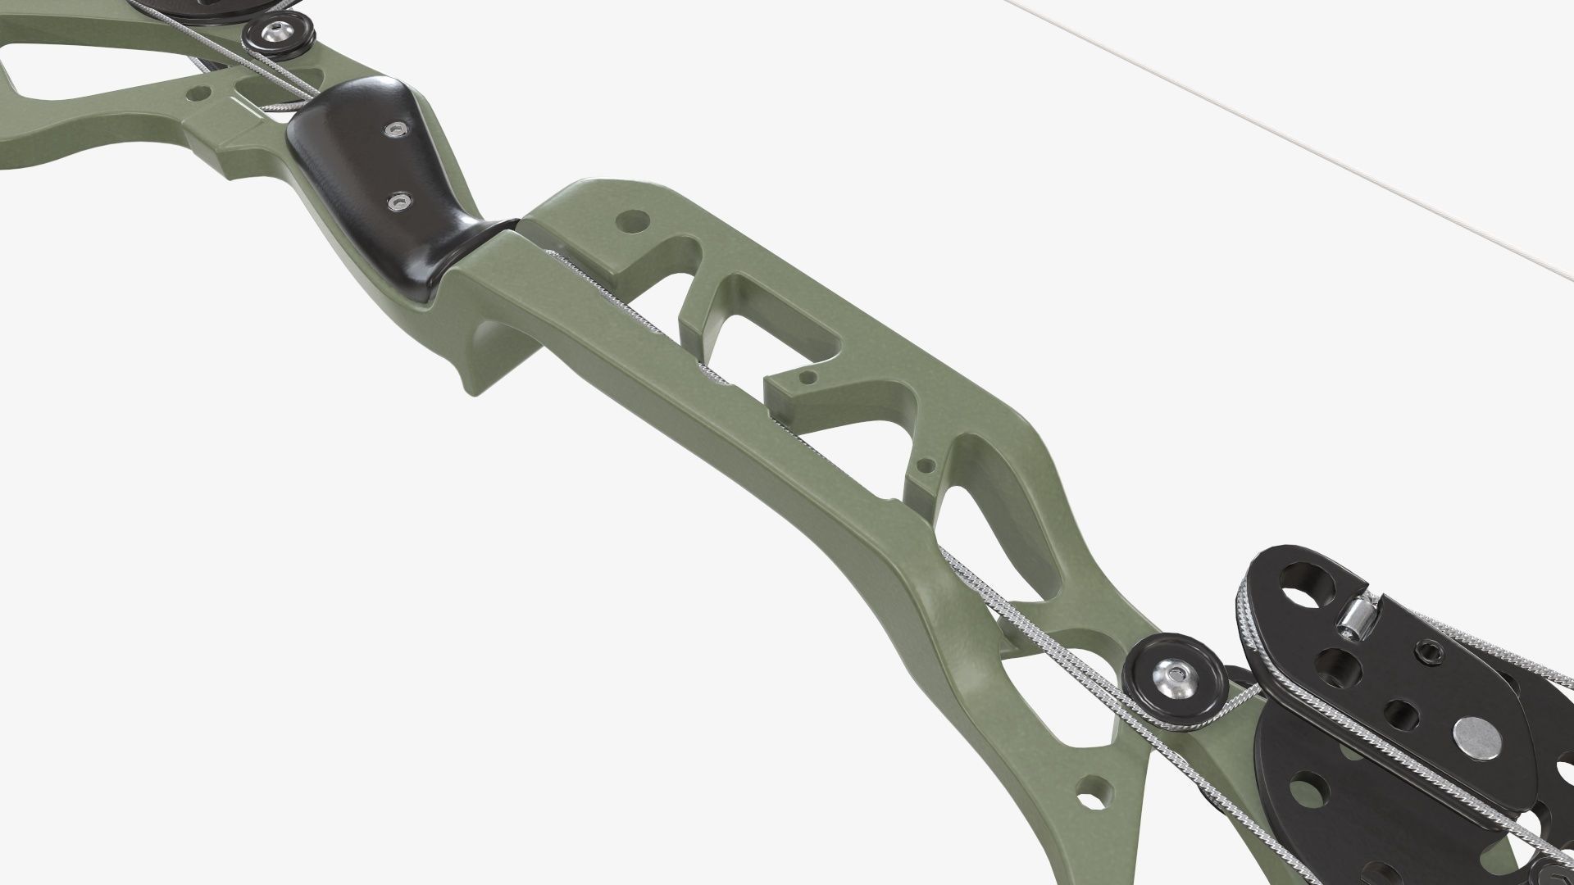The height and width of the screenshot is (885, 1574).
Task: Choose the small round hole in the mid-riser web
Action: (x=927, y=470)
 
